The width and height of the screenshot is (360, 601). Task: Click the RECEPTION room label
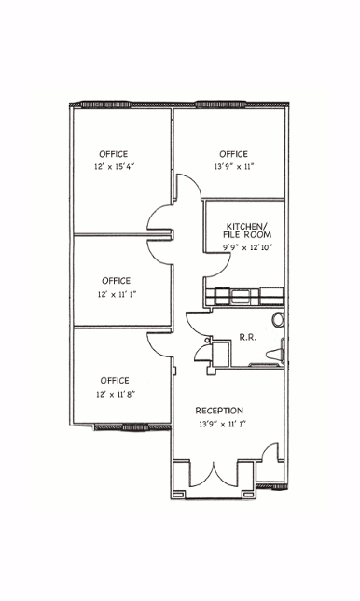tap(219, 411)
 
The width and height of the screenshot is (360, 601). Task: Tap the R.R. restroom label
tap(247, 337)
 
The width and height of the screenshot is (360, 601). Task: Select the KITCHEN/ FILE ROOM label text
tap(247, 230)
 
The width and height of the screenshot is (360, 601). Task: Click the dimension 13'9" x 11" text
tap(233, 167)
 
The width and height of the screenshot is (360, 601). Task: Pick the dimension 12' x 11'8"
tap(116, 394)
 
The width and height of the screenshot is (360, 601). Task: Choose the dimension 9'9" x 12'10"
tap(247, 247)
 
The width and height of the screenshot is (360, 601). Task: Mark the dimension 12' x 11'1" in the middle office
tap(116, 294)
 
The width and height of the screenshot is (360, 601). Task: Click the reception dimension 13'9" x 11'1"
tap(222, 424)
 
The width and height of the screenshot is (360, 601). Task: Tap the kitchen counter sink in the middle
tap(240, 297)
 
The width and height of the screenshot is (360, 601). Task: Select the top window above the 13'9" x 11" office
tap(220, 104)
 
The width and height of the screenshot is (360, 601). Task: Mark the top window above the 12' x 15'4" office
tap(105, 105)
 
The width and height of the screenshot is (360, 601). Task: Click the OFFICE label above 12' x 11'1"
tap(116, 281)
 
